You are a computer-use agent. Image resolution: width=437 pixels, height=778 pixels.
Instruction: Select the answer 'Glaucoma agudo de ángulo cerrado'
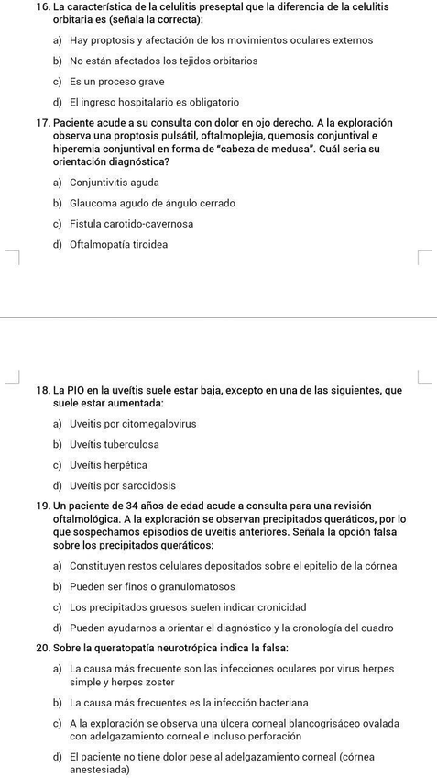click(152, 203)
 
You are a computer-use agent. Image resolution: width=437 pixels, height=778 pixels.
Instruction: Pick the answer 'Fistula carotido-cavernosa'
click(131, 224)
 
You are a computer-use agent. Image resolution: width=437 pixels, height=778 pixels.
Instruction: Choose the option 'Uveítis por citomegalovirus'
click(133, 424)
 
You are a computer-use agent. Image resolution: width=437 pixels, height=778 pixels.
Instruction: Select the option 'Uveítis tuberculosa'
click(115, 444)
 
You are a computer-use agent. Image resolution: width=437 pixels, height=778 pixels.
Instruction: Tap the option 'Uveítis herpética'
click(108, 465)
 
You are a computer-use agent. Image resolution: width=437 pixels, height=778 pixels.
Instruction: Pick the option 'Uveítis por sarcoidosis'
click(123, 485)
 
